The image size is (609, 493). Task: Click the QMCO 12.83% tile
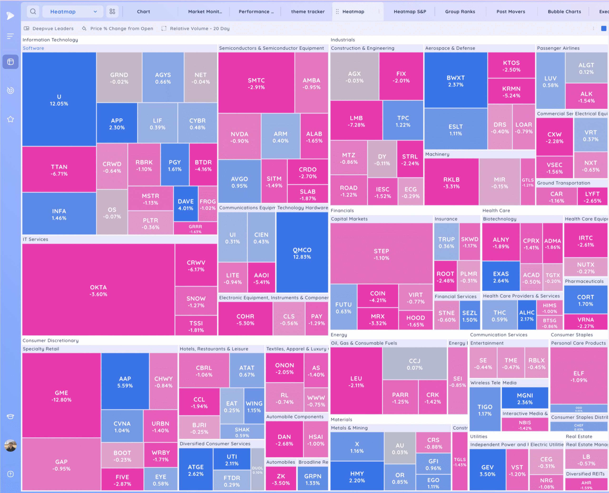pos(302,253)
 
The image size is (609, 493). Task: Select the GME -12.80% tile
pos(61,396)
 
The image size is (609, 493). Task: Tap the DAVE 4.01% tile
pos(186,204)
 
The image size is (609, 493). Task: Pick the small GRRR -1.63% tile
pos(195,229)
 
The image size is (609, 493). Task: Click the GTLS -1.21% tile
pos(527,182)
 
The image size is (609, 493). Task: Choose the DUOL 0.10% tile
pos(257,470)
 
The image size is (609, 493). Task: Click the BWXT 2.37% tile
pos(456,81)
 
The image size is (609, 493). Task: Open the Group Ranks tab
pos(460,12)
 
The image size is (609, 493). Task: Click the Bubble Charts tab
pos(564,12)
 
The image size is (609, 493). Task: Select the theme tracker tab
pos(308,12)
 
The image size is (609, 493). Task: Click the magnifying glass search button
pos(33,12)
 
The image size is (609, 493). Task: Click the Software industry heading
pos(33,48)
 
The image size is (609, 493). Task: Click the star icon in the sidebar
pos(10,119)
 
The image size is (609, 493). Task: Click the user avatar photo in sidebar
pos(10,445)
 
